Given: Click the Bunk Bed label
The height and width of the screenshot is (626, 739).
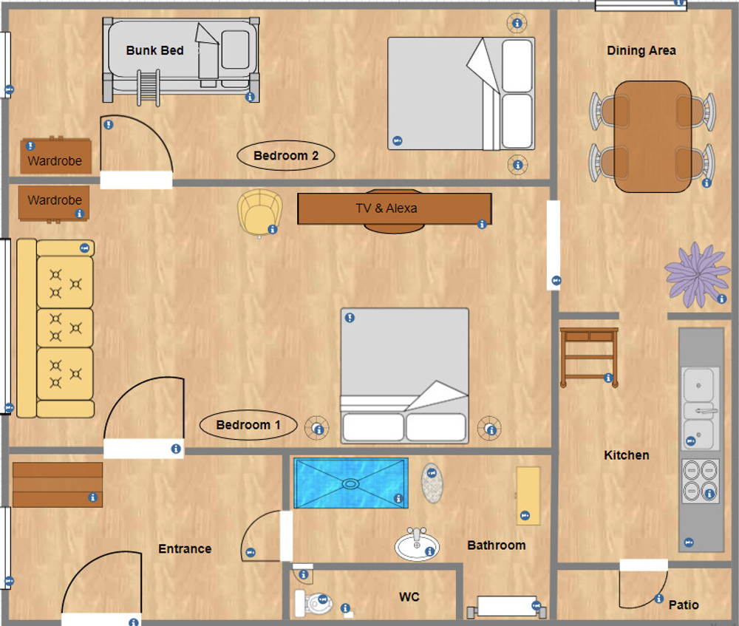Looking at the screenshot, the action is (154, 50).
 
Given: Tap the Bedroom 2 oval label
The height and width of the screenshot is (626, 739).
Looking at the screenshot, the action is (285, 155).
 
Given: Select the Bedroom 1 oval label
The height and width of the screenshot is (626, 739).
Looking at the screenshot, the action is (248, 425).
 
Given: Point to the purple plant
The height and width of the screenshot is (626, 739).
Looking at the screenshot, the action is (697, 274).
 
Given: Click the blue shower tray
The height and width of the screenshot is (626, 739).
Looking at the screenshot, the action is (350, 483).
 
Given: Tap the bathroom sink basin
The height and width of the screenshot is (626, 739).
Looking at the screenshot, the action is (417, 545).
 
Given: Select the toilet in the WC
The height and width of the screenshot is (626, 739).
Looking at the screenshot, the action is (313, 602).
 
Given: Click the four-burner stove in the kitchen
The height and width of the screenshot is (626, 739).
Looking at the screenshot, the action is (701, 481).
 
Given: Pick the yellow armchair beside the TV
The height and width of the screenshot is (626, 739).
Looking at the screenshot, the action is (259, 212).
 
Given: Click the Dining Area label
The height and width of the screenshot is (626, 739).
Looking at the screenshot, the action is (641, 50).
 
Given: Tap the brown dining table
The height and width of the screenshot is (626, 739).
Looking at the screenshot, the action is (653, 137).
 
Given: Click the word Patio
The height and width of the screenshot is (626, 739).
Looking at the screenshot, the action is (684, 605).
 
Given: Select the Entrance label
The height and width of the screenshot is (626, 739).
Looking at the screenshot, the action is (185, 548).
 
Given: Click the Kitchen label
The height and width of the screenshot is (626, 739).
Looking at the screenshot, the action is (627, 455).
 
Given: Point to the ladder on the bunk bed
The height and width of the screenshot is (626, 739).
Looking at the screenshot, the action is (149, 87).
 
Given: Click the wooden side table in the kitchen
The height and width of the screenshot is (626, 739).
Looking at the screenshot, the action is (589, 357).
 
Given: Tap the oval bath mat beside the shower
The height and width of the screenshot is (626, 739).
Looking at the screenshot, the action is (432, 483).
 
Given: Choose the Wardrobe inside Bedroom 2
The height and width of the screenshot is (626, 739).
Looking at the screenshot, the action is (55, 156).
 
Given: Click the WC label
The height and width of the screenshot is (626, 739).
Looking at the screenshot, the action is (409, 596).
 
